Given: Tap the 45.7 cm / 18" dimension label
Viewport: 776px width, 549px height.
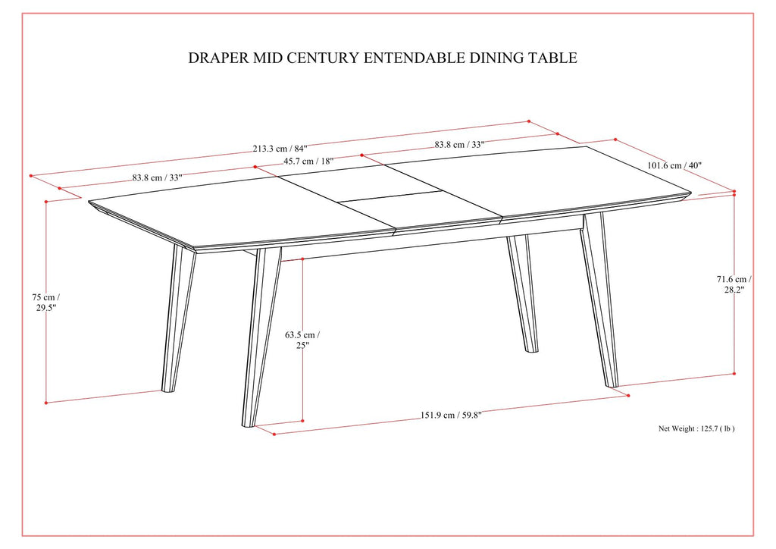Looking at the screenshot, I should [308, 162].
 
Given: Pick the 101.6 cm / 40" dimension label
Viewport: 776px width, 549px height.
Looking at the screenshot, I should [675, 165].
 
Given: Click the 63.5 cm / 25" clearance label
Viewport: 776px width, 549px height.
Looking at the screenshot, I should [302, 339].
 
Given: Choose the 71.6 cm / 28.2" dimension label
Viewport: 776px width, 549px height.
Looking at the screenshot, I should [734, 284].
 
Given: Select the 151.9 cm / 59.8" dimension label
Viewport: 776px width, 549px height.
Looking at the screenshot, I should [451, 415].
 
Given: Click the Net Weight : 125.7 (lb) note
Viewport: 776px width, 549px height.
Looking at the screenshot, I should [696, 428].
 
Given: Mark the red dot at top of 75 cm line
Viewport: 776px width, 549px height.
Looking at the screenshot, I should [46, 202].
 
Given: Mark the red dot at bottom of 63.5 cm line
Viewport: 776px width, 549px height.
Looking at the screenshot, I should [302, 420].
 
